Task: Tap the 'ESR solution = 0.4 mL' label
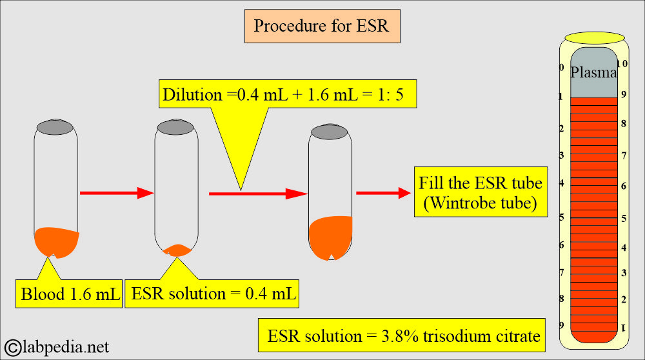[x=213, y=294]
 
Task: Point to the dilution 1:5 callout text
[x=289, y=95]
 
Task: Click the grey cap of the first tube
[x=55, y=126]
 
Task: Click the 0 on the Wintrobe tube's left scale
[x=562, y=68]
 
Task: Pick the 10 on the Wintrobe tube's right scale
[x=622, y=64]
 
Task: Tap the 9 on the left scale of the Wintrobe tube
[x=562, y=325]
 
